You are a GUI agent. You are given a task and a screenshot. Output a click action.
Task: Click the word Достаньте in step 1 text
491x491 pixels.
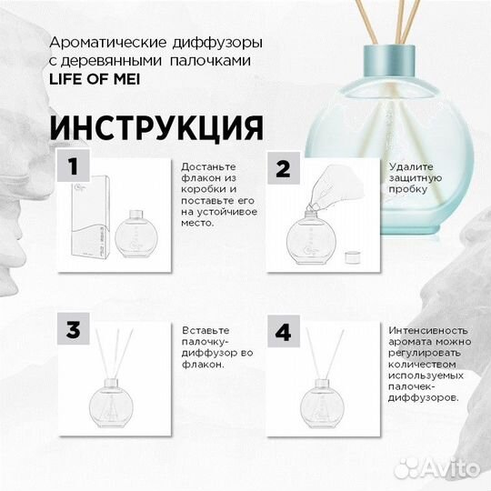pyautogui.click(x=208, y=168)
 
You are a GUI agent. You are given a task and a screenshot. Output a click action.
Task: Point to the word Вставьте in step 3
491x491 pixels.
pyautogui.click(x=205, y=330)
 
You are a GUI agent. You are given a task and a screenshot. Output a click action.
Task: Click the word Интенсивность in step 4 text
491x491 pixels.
pyautogui.click(x=426, y=330)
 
